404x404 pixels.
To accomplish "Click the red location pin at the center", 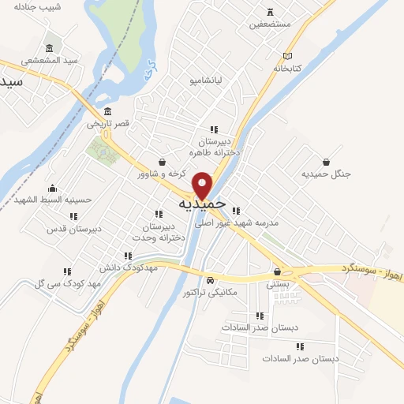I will [203, 185].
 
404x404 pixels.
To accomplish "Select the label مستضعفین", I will [270, 24].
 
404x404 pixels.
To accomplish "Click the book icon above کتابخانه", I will [288, 56].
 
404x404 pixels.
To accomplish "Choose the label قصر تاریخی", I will [107, 124].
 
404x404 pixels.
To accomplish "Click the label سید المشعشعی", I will [50, 61].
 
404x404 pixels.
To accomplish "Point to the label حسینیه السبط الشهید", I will [52, 200].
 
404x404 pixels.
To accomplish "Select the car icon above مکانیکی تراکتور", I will [209, 280].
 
